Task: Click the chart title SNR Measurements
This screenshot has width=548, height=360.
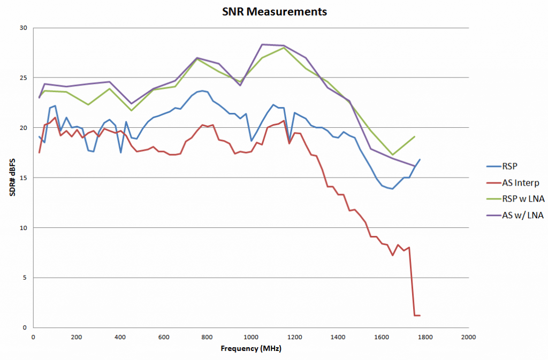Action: pos(274,11)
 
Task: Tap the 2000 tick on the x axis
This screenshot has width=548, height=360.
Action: pos(468,338)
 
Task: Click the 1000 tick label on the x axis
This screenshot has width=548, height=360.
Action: pos(250,338)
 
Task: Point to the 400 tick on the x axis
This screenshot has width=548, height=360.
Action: pos(120,338)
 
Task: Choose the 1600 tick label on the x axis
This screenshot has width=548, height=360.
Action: pos(381,338)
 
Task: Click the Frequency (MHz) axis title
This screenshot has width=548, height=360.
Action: pos(250,349)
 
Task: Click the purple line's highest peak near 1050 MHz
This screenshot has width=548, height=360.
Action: pos(262,44)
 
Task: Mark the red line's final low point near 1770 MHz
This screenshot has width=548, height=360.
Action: pos(417,316)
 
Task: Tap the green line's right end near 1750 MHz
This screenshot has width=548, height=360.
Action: pos(414,136)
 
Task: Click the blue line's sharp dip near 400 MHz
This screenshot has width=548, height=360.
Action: pos(120,152)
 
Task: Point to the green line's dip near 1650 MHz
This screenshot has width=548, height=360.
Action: pos(392,155)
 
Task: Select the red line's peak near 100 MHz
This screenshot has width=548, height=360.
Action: pos(55,117)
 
